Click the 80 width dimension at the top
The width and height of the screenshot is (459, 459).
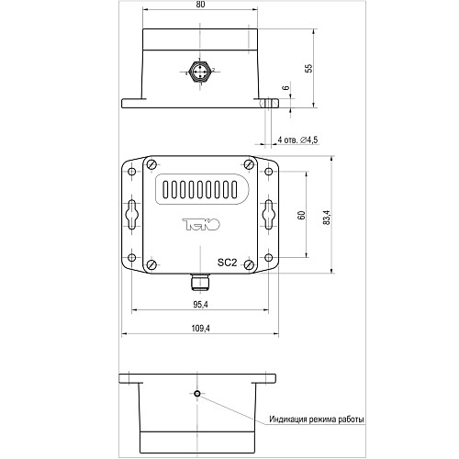199,6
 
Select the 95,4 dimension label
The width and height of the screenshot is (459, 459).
199,304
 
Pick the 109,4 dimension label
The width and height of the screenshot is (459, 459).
199,328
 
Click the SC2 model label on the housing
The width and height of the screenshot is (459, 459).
228,261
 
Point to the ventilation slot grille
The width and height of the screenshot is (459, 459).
199,192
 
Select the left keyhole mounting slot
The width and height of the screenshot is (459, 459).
132,214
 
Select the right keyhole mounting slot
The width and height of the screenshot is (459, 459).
268,214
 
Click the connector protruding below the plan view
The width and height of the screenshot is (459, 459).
199,277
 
